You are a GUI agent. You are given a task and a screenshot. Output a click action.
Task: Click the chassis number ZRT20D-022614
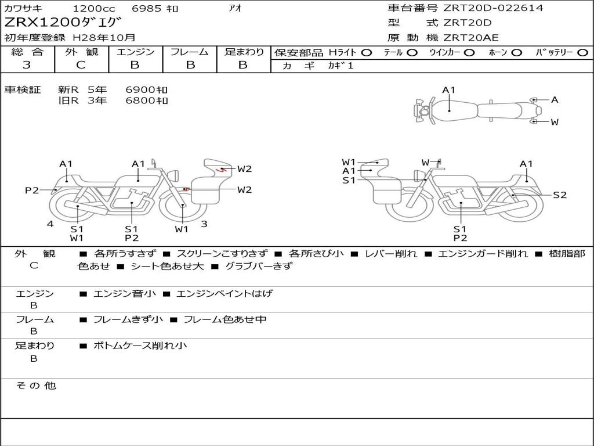pos(493,8)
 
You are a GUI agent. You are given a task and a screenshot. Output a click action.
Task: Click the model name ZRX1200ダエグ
pos(63,23)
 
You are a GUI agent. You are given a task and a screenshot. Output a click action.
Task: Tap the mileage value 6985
pos(146,8)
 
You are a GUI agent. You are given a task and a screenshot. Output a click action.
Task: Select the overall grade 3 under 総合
pos(27,65)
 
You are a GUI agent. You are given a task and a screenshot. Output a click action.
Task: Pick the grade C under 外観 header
pos(81,65)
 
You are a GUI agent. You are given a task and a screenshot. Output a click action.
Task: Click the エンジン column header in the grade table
pos(135,52)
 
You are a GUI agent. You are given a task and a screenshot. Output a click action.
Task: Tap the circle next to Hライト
pos(367,53)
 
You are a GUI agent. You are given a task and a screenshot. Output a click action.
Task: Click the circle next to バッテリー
pos(582,53)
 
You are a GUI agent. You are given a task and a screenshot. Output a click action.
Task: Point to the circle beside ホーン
pos(517,53)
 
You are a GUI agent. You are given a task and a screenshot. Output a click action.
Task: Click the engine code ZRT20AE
pos(471,38)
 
